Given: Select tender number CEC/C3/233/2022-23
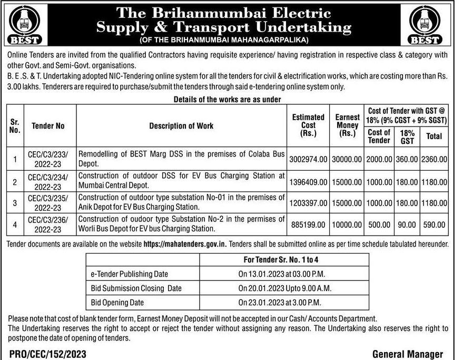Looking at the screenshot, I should pos(48,158).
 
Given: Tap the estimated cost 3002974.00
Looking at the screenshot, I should pos(308,158).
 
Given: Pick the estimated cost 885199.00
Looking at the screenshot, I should pos(308,225).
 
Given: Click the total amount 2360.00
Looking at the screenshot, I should pos(434,158).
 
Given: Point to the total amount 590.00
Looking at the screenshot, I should pos(434,225).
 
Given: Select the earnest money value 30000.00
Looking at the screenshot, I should pos(347,158).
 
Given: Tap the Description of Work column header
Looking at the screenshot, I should pos(181,126).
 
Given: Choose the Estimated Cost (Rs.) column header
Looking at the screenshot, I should pos(308,126).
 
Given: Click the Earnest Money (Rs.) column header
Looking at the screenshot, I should pos(347,126).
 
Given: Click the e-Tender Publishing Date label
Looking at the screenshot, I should pos(130,274).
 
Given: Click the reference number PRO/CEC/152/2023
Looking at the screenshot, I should pos(47,354).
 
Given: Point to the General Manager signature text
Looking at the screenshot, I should pos(407,354).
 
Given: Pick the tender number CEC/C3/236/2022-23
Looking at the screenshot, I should pos(48,225).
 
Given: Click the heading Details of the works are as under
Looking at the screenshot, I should pos(227,99).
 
